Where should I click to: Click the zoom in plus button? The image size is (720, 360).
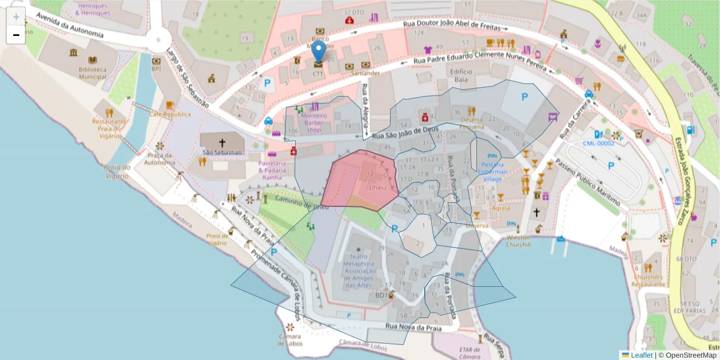coord(16,16)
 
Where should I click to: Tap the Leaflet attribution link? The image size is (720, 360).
coord(641,355)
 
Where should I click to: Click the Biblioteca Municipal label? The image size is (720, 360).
coord(92,73)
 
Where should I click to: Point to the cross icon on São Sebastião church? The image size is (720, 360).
coord(222,143)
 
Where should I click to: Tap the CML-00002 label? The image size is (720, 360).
coord(599,143)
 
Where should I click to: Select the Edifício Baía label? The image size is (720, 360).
coord(461,75)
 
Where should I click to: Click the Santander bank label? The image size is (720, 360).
coord(366,73)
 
